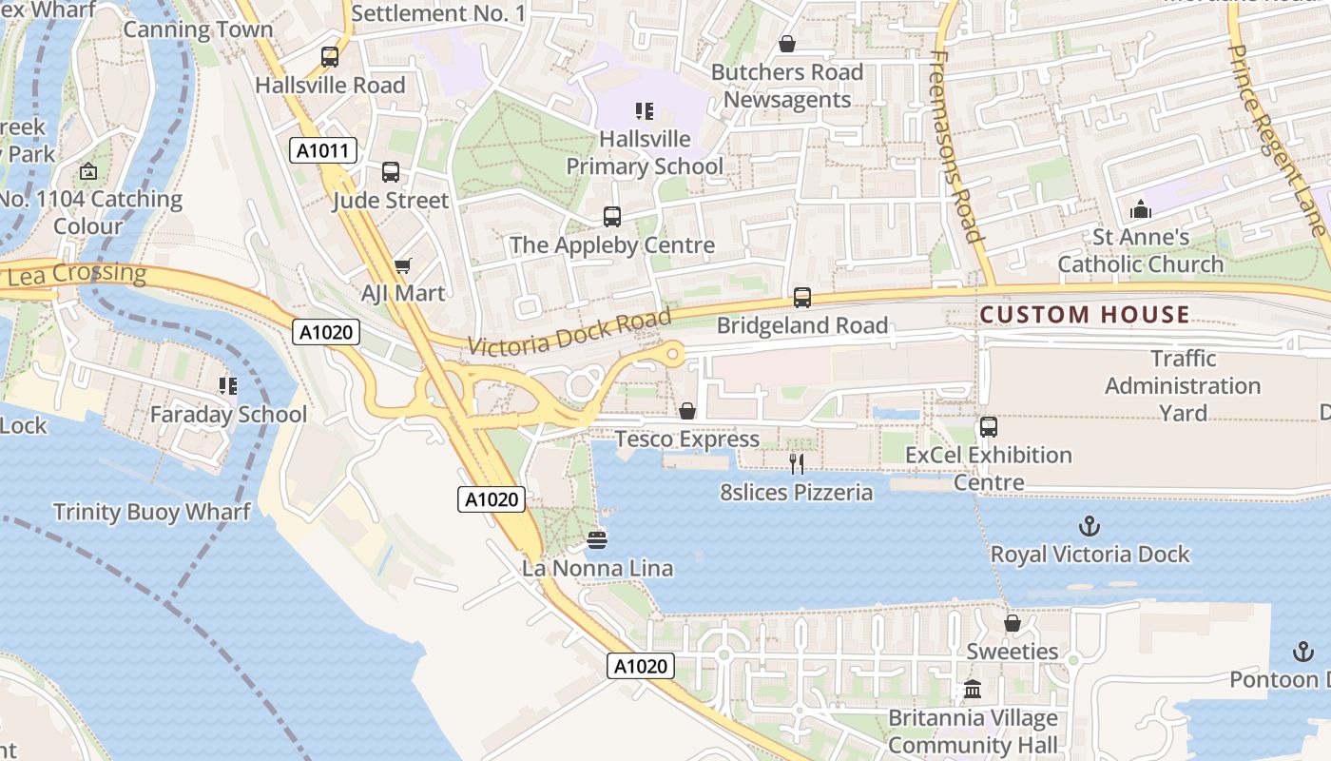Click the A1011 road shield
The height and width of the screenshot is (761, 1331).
(323, 150)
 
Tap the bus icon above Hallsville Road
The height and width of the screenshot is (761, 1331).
(330, 57)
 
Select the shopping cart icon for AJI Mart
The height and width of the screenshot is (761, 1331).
(403, 265)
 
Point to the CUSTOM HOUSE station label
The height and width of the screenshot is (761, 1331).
(1085, 315)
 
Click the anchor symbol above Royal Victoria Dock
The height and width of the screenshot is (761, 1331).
(1090, 526)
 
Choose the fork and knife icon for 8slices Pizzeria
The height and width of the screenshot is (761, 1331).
(797, 464)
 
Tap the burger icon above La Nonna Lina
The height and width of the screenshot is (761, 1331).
(597, 540)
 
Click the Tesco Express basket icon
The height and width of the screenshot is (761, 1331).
(687, 411)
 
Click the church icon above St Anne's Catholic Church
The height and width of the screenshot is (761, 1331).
(1141, 209)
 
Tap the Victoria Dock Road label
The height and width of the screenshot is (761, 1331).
(569, 333)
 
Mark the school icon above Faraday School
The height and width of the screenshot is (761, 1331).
(228, 386)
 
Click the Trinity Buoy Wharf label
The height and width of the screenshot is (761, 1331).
(152, 512)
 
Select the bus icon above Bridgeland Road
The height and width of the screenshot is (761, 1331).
(802, 298)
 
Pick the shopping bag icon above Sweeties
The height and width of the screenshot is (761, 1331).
(1013, 623)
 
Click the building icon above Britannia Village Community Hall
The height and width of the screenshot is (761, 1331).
(973, 690)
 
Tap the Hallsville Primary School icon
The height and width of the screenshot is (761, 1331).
(645, 111)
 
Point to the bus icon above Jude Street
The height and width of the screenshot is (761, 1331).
(391, 172)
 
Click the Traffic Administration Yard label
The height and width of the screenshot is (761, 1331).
(1183, 385)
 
